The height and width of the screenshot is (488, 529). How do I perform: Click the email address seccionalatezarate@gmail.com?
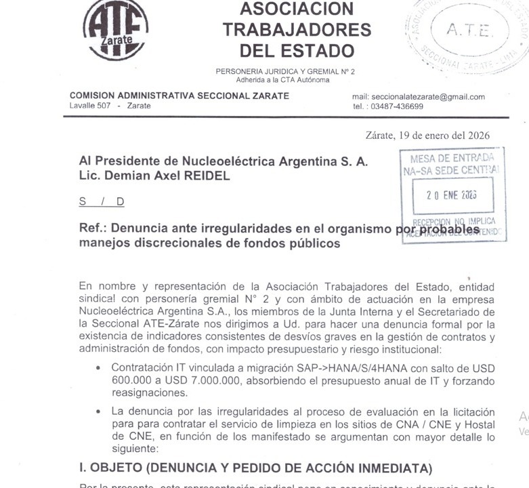click(x=419, y=97)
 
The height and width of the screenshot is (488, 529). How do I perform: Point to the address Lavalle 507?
click(x=90, y=106)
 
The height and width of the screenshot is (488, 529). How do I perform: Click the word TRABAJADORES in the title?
click(x=297, y=30)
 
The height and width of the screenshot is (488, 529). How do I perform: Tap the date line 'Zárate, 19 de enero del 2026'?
click(x=427, y=136)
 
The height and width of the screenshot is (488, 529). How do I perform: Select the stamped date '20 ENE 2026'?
click(x=451, y=194)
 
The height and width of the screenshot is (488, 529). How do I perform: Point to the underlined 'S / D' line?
click(x=102, y=201)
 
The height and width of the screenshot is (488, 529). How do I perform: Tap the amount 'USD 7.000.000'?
click(x=197, y=380)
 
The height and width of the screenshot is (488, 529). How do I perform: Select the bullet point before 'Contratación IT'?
click(x=99, y=368)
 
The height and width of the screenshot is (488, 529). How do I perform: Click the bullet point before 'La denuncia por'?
click(x=99, y=411)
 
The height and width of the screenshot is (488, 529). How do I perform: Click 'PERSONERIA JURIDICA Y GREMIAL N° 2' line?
click(x=285, y=71)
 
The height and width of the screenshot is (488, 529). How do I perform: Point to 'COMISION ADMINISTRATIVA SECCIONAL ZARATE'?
click(x=179, y=96)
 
